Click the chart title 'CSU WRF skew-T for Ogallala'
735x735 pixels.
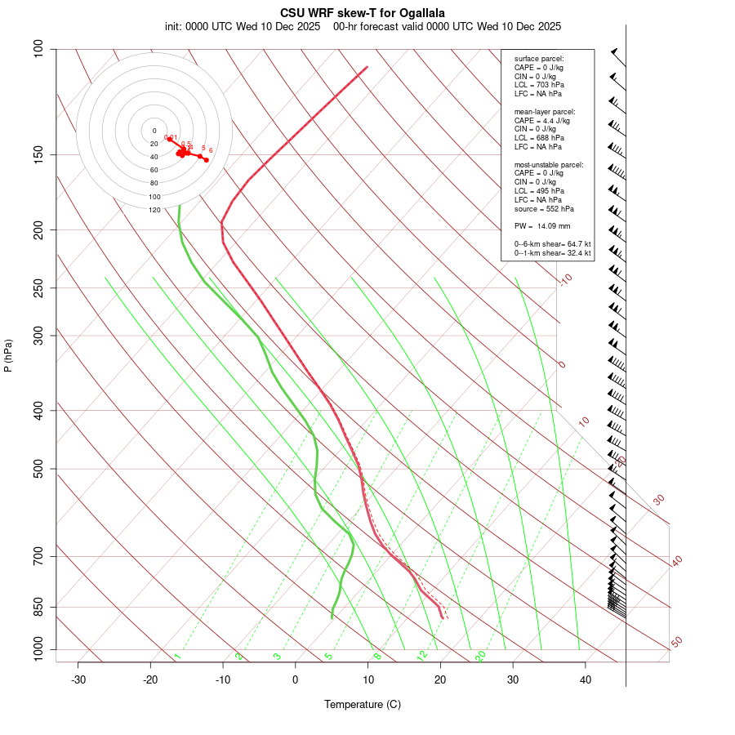tap(362, 13)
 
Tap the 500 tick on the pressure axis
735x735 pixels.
tap(39, 469)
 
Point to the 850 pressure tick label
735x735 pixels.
tap(39, 607)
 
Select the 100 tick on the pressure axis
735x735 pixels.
tap(39, 49)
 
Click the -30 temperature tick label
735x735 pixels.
tap(78, 679)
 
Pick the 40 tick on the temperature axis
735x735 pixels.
tap(586, 679)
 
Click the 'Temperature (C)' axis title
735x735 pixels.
tap(362, 704)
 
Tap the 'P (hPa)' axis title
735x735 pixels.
tap(8, 355)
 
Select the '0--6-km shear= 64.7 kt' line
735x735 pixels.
tap(552, 244)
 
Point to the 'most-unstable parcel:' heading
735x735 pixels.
tap(549, 164)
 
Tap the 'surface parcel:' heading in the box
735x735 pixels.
tap(539, 59)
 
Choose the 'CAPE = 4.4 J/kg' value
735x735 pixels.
tap(542, 120)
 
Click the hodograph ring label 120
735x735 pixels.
tap(154, 210)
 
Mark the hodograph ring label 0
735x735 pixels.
tap(154, 131)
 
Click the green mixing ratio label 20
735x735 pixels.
tap(480, 656)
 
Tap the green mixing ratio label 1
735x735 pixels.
tap(177, 657)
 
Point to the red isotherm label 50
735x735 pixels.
tap(676, 642)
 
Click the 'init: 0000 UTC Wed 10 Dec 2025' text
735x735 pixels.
tap(243, 26)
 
